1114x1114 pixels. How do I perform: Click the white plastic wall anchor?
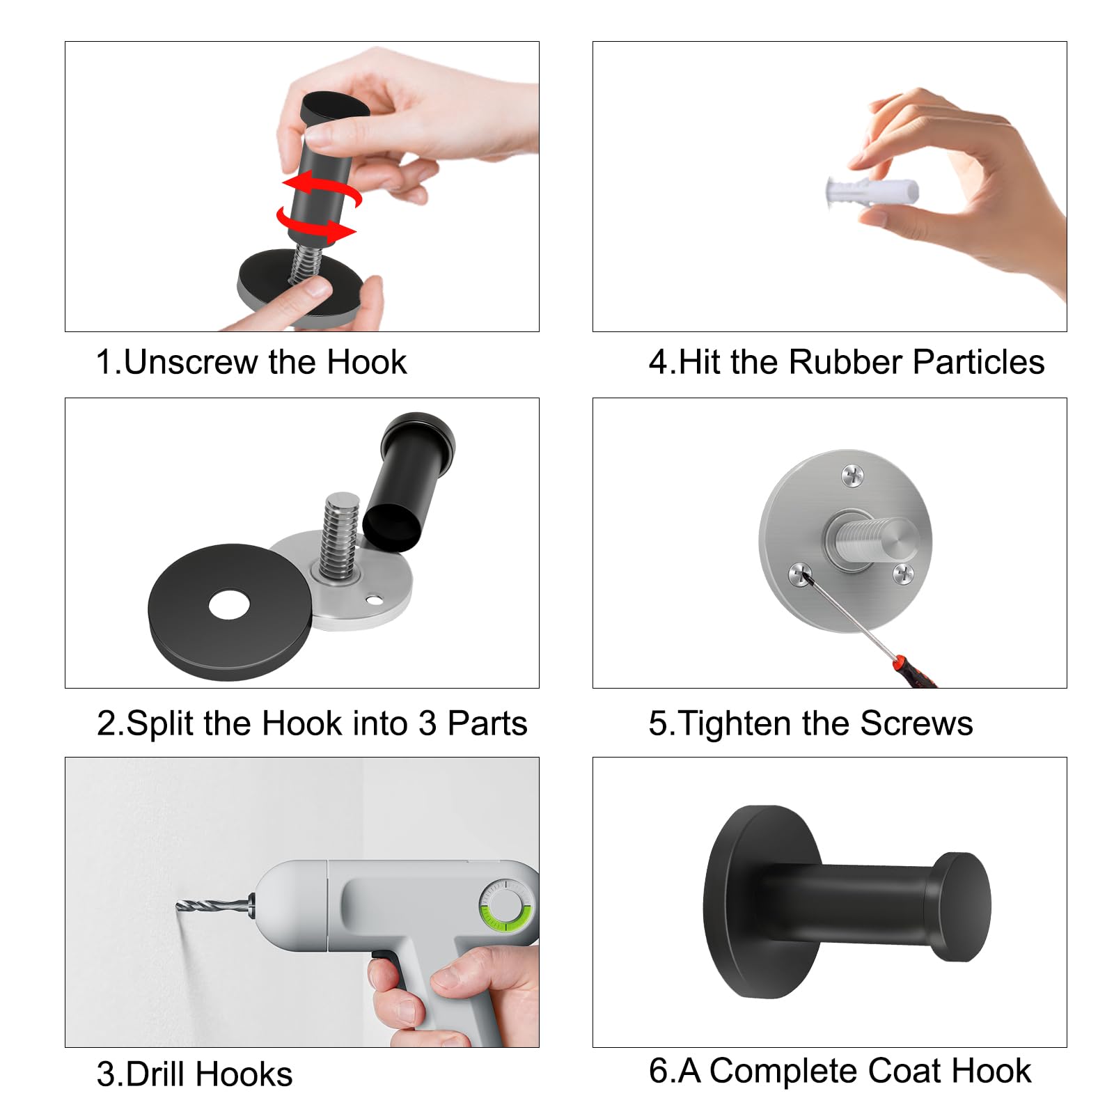[871, 191]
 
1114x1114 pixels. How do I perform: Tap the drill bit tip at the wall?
[178, 905]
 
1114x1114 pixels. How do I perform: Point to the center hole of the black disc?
[229, 605]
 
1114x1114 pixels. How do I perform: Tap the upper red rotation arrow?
[322, 188]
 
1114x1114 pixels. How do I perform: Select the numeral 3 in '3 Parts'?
[427, 723]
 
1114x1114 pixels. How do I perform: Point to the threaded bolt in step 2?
[340, 536]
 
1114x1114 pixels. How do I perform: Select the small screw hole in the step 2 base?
[375, 598]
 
